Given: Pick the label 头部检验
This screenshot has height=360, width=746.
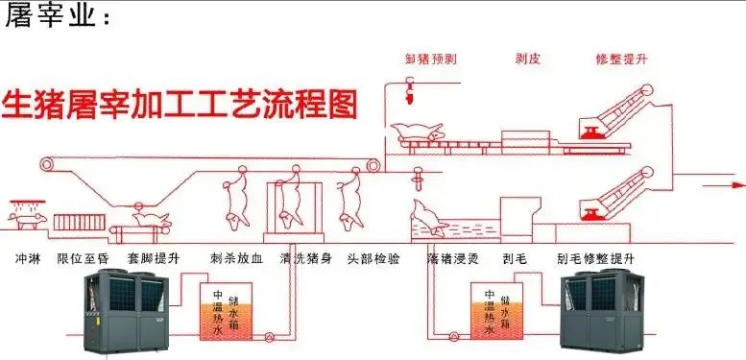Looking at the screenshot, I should (x=371, y=258).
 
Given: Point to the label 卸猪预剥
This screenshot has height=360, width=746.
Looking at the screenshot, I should (x=430, y=59).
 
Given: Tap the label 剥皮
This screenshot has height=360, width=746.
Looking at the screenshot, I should (x=528, y=59).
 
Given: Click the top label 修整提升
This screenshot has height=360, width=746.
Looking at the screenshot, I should (x=621, y=59).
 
